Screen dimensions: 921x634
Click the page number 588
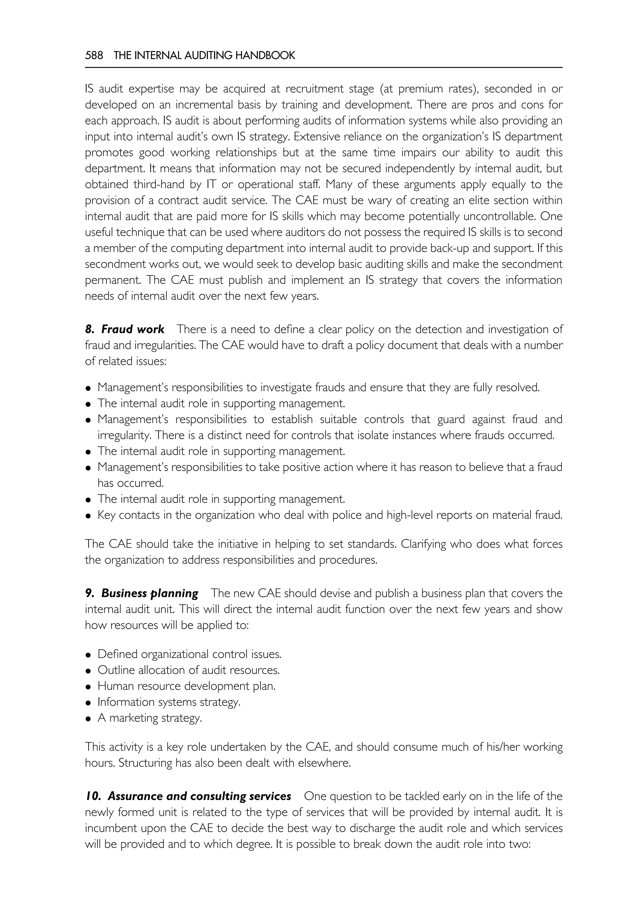pyautogui.click(x=94, y=56)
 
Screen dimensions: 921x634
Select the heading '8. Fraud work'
pyautogui.click(x=124, y=329)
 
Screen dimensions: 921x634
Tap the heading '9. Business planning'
pyautogui.click(x=141, y=593)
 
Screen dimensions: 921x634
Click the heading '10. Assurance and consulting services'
pyautogui.click(x=188, y=796)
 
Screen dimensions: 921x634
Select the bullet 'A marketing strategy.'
pyautogui.click(x=150, y=718)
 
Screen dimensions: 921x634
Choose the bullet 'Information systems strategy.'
pyautogui.click(x=169, y=702)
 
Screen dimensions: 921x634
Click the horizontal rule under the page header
pyautogui.click(x=324, y=67)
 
